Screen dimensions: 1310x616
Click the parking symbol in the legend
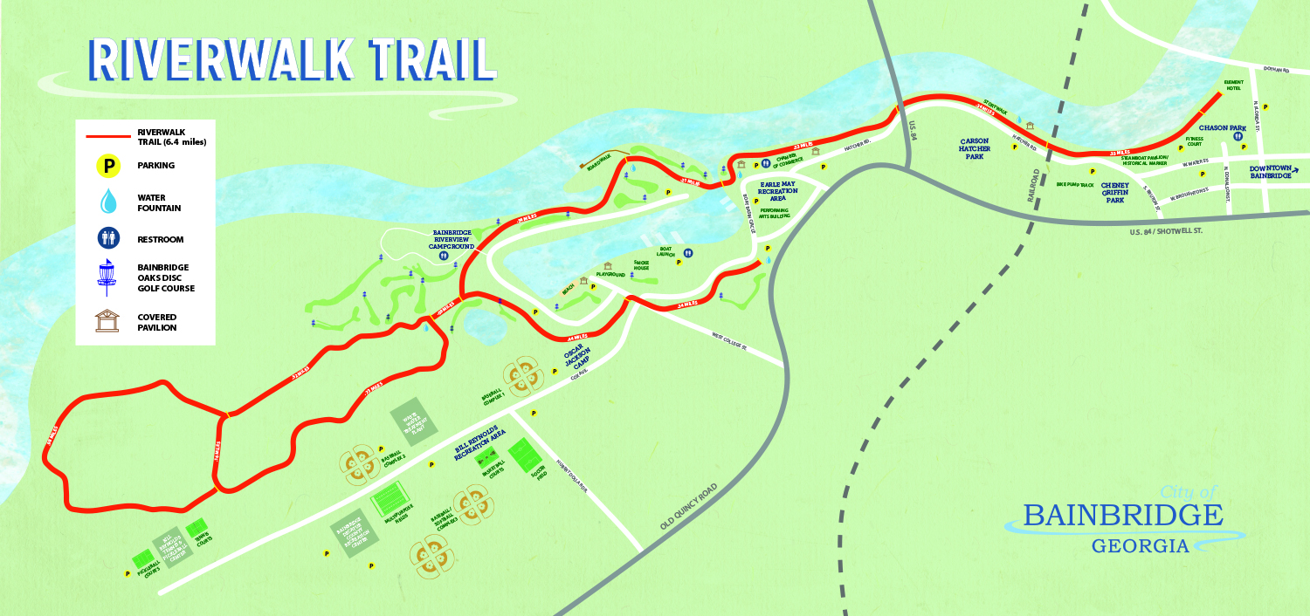[107, 165]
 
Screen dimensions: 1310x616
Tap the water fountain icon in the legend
[108, 202]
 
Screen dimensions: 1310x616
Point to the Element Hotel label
[1233, 85]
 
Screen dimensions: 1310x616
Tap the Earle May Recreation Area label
[774, 189]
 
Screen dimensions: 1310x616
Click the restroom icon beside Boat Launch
[689, 252]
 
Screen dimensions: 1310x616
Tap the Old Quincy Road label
[689, 507]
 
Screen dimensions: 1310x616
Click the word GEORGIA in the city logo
[1140, 547]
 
